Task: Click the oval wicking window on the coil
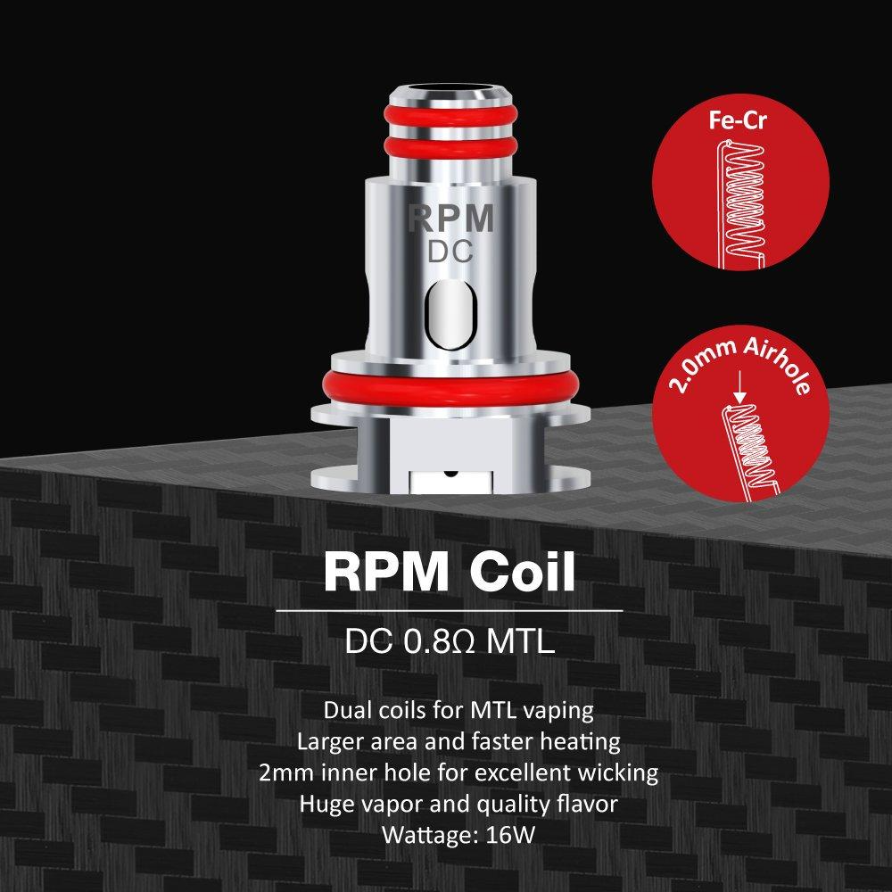coord(446,314)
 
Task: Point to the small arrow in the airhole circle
coord(739,392)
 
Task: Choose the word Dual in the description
coord(346,712)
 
